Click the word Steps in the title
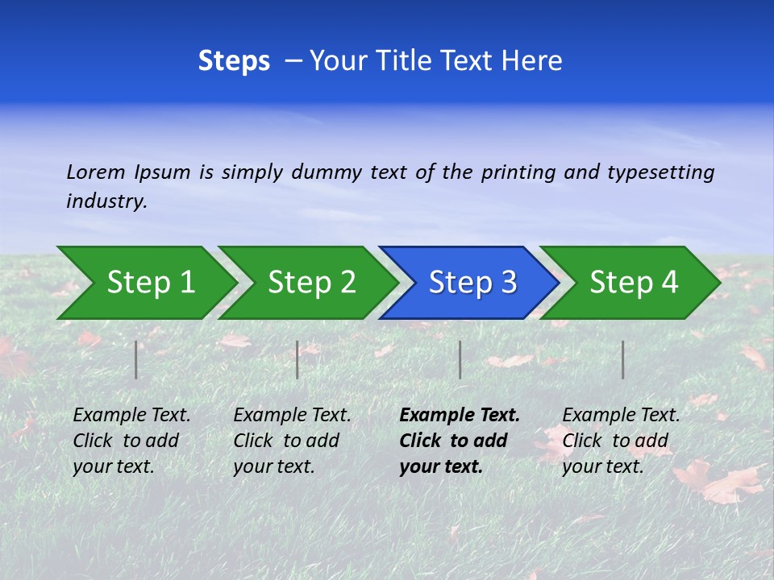(234, 61)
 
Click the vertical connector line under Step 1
(136, 359)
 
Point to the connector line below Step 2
(298, 359)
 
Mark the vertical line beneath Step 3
(460, 359)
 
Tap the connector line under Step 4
(623, 359)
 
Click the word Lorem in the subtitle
(96, 172)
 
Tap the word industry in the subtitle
(106, 201)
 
